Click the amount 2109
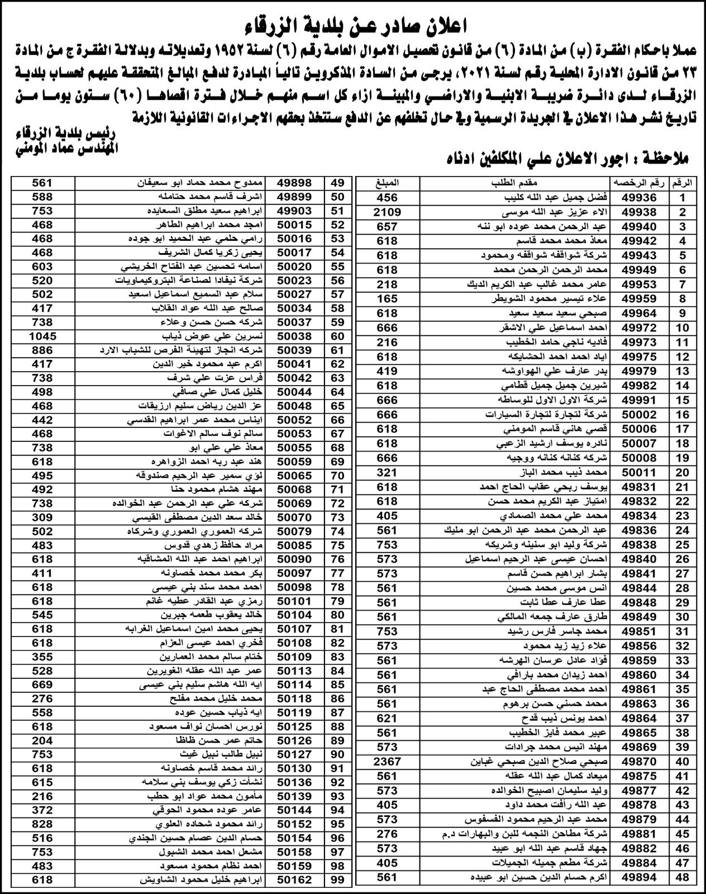[x=387, y=212]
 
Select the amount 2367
[x=387, y=761]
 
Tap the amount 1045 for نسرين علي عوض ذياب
[x=42, y=336]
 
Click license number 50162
[x=294, y=879]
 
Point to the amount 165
[x=387, y=299]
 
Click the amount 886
[x=42, y=350]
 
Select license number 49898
[x=294, y=183]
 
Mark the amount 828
[x=42, y=824]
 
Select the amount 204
[x=42, y=740]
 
